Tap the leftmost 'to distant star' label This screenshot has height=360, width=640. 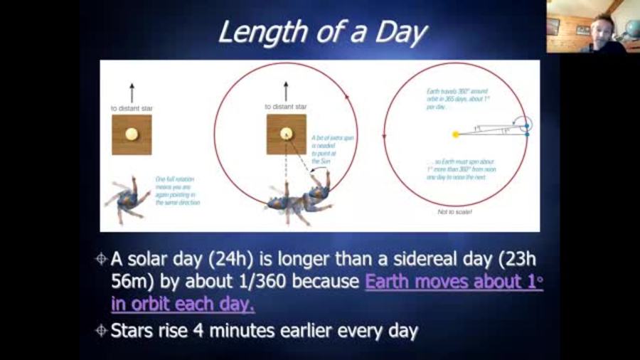coord(132,108)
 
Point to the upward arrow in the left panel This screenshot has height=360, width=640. coord(132,92)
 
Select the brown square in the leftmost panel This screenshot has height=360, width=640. coord(132,134)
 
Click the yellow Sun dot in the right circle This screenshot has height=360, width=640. coord(455,134)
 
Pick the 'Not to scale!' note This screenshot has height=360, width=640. coord(454,212)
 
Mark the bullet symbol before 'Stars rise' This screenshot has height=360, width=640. coord(100,330)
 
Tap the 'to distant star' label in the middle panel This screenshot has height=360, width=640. coord(286,107)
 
